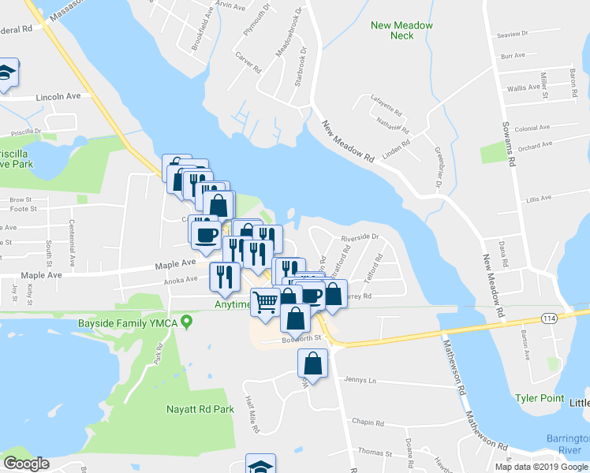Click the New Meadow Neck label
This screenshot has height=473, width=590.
click(402, 30)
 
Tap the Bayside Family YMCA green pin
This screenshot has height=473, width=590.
click(186, 322)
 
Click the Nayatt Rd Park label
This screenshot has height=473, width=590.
click(200, 409)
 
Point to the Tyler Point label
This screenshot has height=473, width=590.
click(540, 398)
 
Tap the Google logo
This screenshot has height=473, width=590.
click(27, 464)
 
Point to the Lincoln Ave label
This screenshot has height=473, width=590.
click(59, 97)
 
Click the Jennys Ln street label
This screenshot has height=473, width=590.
click(362, 379)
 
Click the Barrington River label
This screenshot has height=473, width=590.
click(569, 443)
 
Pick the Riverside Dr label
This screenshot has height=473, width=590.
click(360, 236)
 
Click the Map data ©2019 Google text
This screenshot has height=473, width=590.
click(540, 467)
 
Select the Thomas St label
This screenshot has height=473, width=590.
click(375, 453)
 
